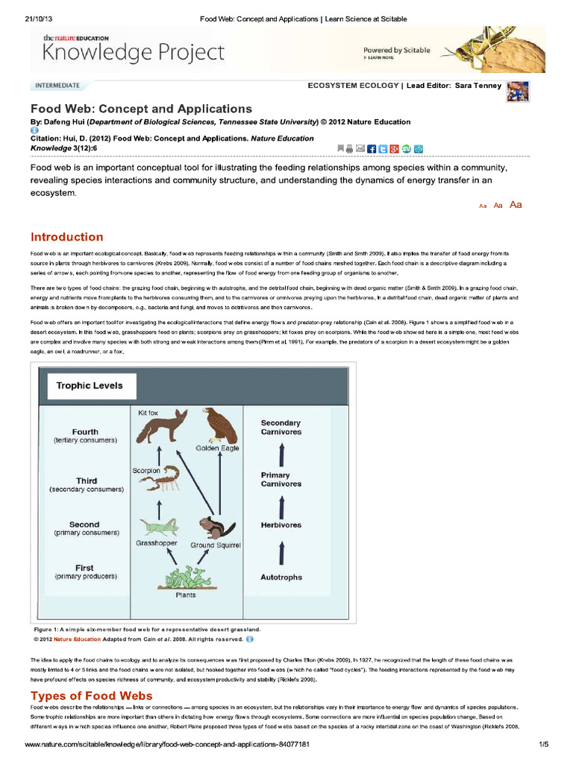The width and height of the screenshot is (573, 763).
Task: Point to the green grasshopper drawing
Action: point(159,528)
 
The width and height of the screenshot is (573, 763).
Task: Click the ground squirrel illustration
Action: point(217,528)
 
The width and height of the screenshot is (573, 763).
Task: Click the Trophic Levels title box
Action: point(90,386)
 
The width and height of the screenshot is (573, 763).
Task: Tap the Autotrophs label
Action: point(281,577)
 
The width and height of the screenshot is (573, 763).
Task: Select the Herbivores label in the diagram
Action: point(281,525)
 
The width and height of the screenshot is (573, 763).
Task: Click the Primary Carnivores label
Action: point(281,479)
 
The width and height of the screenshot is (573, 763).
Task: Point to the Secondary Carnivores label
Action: point(281,427)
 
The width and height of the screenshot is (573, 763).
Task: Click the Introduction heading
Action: point(66,238)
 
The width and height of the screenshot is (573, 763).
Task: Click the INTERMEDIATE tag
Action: point(57,86)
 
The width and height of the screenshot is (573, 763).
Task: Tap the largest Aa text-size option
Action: point(516,205)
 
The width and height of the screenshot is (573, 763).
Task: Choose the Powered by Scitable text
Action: point(397,50)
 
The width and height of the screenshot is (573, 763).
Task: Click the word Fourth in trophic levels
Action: point(85,432)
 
